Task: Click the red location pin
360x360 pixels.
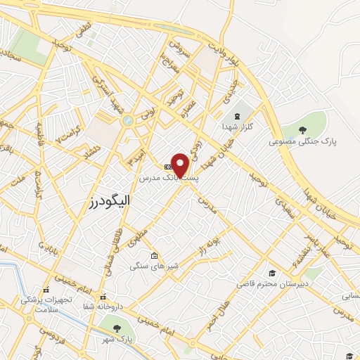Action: coord(181,165)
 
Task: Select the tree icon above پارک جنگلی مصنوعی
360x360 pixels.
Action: coord(302,129)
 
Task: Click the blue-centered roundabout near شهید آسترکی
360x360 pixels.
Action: coord(127,121)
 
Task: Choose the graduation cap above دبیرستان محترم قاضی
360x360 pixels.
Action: coord(271,273)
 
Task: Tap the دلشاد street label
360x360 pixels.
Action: coord(91,150)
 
